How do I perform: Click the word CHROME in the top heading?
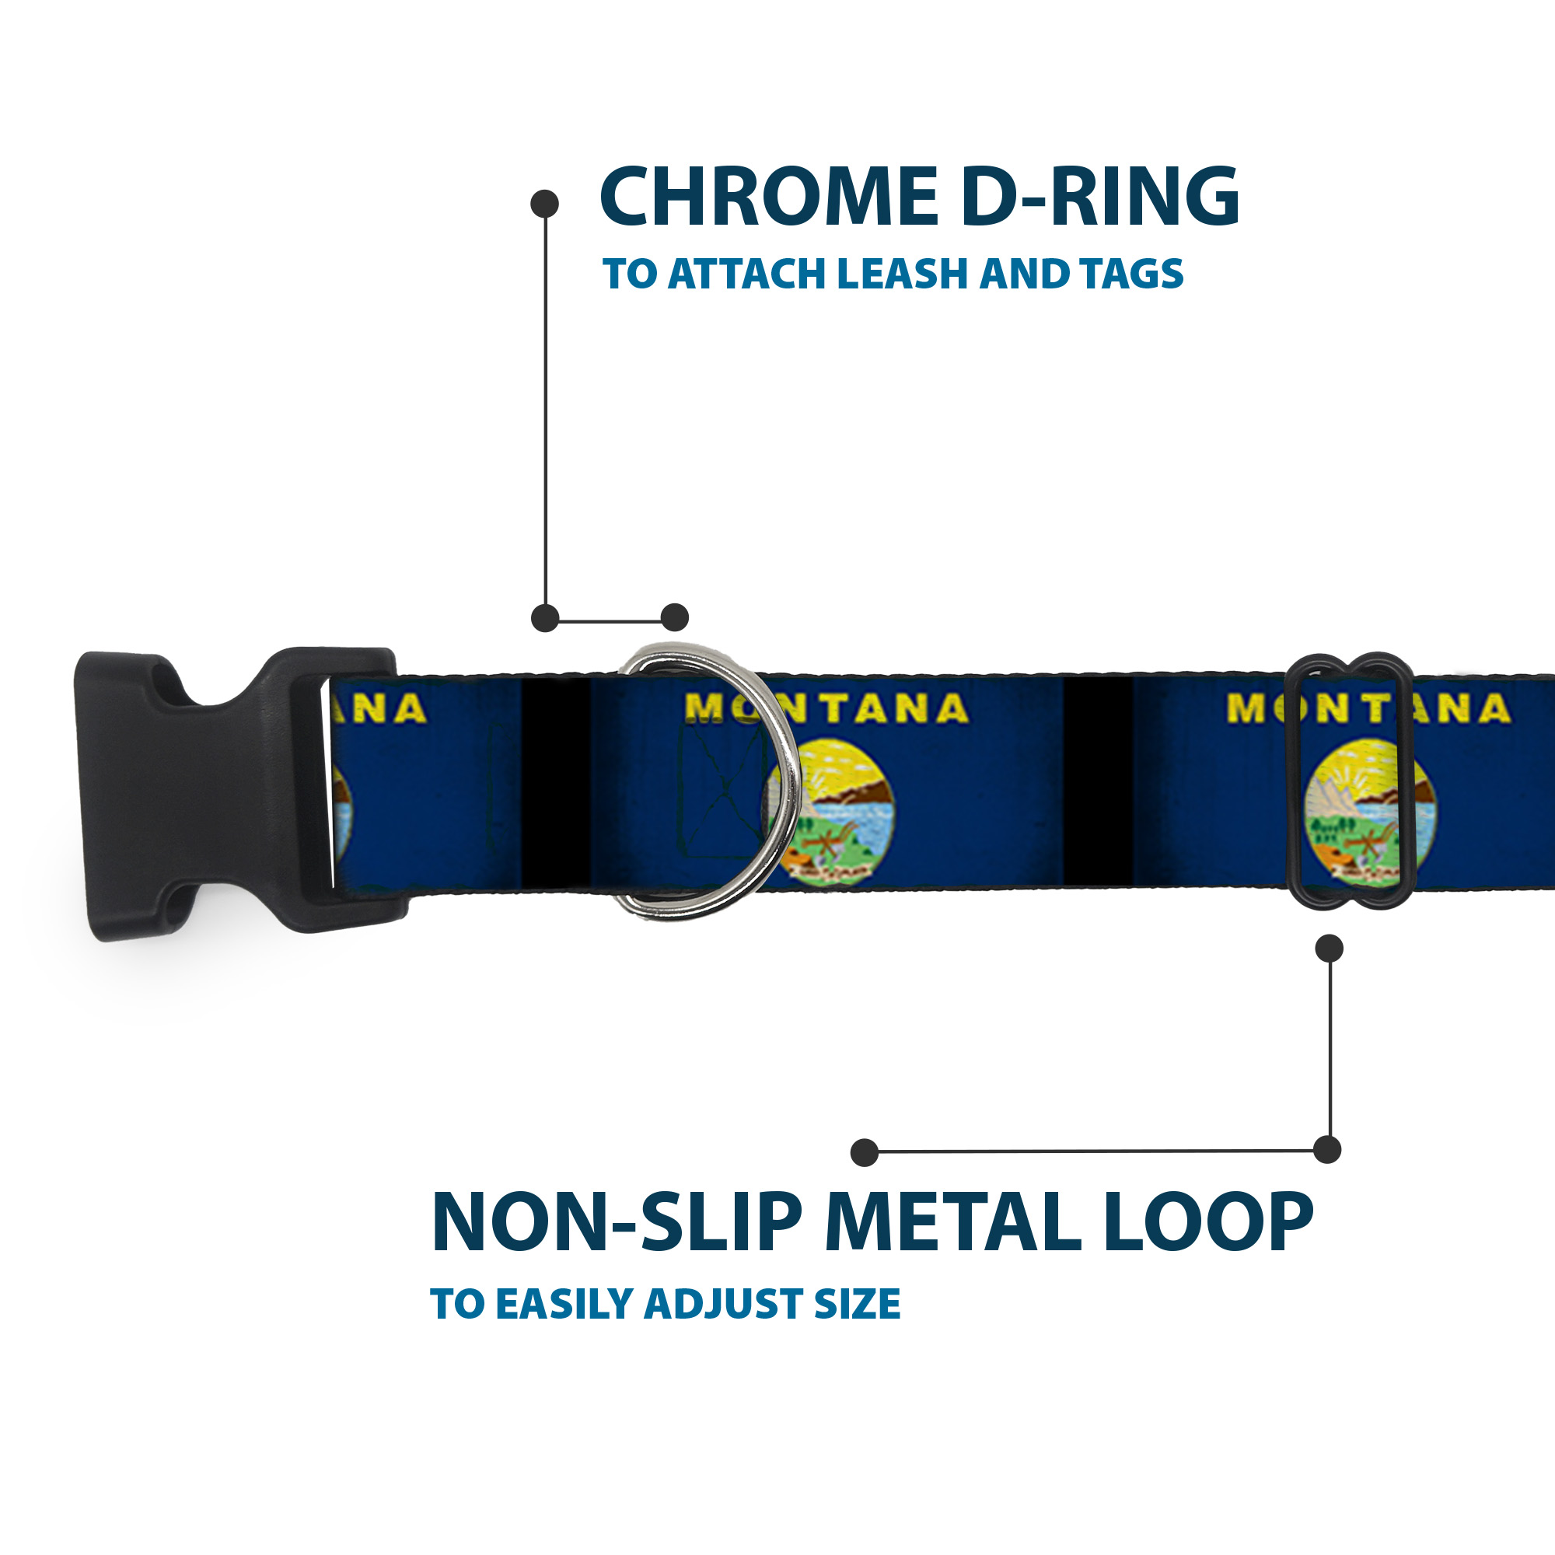tap(769, 197)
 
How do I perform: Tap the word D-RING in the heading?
tap(1099, 197)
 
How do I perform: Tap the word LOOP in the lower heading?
tap(1207, 1222)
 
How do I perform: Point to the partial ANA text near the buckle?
tap(386, 709)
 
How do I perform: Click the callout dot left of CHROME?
tap(545, 204)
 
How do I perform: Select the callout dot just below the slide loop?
tap(1329, 948)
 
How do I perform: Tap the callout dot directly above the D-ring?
tap(674, 617)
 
